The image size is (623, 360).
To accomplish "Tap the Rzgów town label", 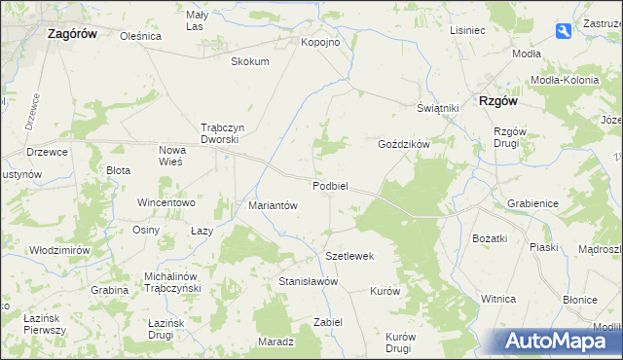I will (x=496, y=100).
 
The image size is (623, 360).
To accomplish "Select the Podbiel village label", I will (x=331, y=186).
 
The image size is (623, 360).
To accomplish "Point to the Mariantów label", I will (x=273, y=205).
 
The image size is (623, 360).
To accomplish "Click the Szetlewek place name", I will (x=349, y=256).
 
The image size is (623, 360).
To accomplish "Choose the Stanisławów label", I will (x=308, y=281).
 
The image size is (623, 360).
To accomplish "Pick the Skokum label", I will (x=249, y=61).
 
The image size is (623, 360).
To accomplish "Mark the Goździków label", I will (x=404, y=143).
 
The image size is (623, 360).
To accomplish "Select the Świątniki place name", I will (x=438, y=108).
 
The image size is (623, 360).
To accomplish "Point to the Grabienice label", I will (x=531, y=204).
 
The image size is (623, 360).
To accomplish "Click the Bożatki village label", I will (x=490, y=238).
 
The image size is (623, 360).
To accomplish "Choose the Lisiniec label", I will (x=467, y=30).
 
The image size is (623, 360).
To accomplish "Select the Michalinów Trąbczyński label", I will (x=171, y=282).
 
